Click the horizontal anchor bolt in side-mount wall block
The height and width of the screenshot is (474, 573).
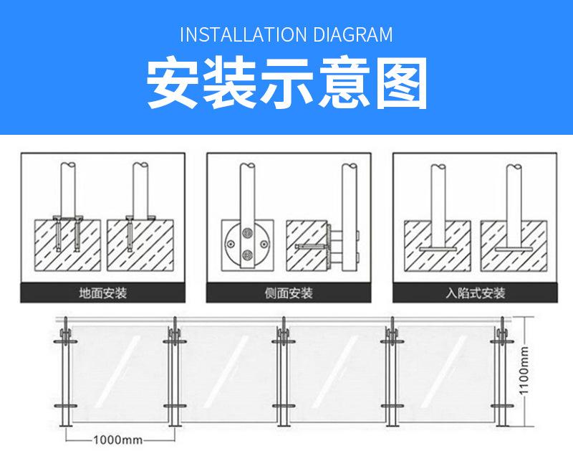point(309,246)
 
